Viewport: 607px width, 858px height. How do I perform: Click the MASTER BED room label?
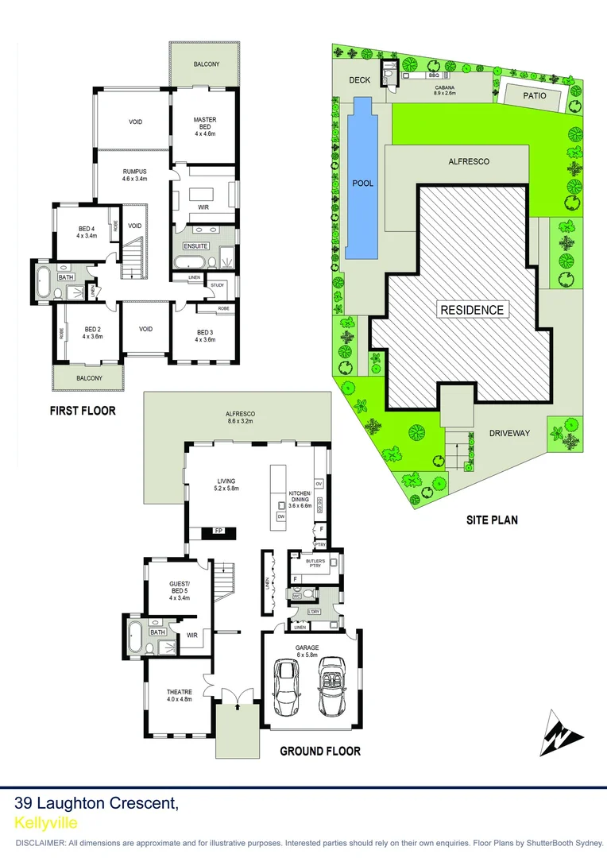click(x=205, y=120)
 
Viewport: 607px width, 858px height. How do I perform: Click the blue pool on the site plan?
click(x=361, y=179)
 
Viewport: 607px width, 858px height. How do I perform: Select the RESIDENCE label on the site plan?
click(x=472, y=310)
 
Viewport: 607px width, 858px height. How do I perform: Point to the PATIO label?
click(x=535, y=95)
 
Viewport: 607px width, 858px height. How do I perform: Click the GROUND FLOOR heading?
click(x=320, y=751)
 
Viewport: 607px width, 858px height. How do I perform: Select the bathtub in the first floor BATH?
click(x=43, y=280)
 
